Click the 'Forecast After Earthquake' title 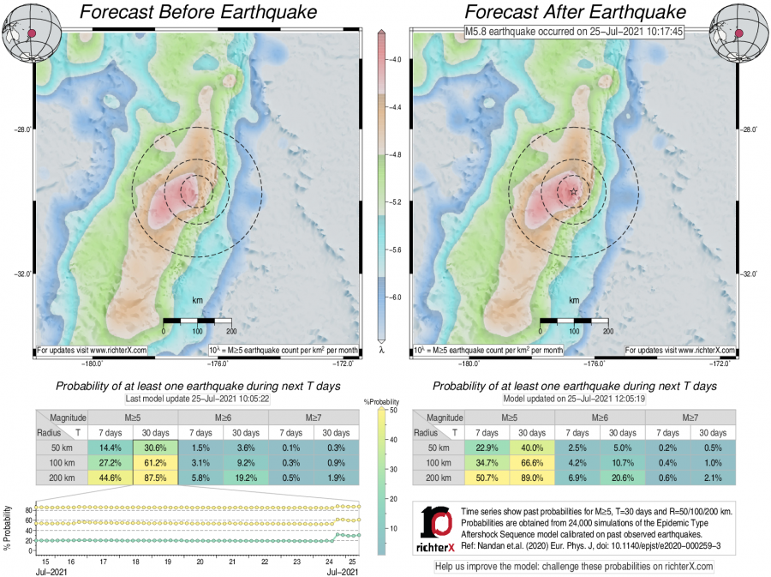pyautogui.click(x=576, y=13)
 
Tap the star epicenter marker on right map pyautogui.click(x=573, y=191)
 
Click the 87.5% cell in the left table pyautogui.click(x=155, y=478)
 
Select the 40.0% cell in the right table pyautogui.click(x=533, y=448)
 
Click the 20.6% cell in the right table pyautogui.click(x=624, y=478)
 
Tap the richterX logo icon pyautogui.click(x=439, y=526)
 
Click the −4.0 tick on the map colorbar pyautogui.click(x=396, y=61)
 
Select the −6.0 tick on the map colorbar pyautogui.click(x=396, y=297)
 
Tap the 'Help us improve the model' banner pyautogui.click(x=574, y=567)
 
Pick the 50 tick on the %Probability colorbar pyautogui.click(x=391, y=410)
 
